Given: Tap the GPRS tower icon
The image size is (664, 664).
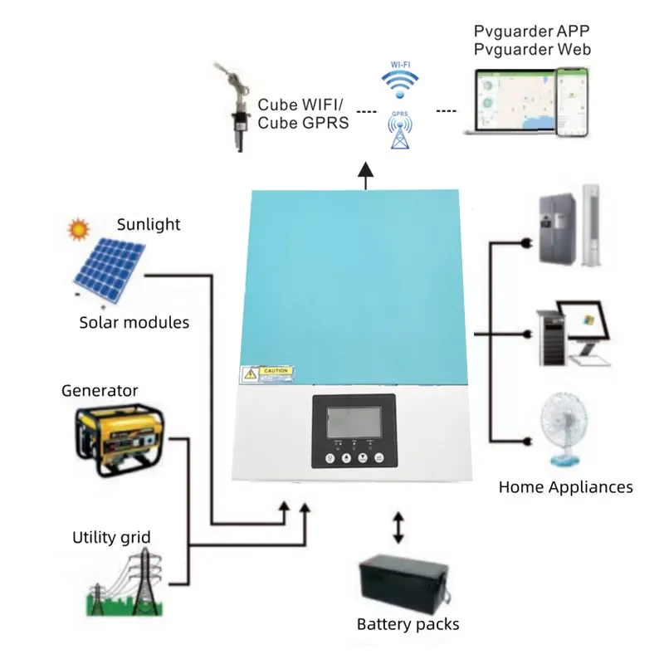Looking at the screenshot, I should pyautogui.click(x=400, y=133).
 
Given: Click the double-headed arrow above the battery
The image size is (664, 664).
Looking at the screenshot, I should pyautogui.click(x=398, y=528).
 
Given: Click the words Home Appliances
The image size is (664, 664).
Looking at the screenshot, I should pyautogui.click(x=565, y=487).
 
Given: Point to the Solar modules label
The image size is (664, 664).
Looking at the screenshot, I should pyautogui.click(x=134, y=321).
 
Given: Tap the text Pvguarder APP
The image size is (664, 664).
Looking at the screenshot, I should pyautogui.click(x=532, y=31).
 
